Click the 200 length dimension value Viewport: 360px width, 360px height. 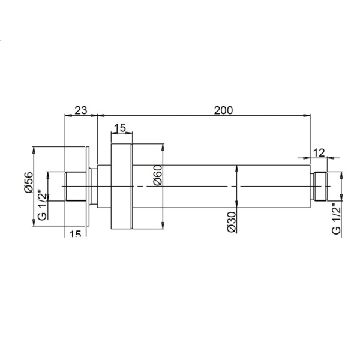pyautogui.click(x=223, y=110)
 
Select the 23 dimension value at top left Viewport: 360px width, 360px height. pyautogui.click(x=80, y=110)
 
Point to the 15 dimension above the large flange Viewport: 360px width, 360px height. pyautogui.click(x=119, y=128)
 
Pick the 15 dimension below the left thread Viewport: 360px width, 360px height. pyautogui.click(x=74, y=234)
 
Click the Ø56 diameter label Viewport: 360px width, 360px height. pyautogui.click(x=28, y=181)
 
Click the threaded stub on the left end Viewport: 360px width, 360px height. pyautogui.click(x=76, y=187)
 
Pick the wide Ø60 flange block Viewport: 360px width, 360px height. pyautogui.click(x=122, y=186)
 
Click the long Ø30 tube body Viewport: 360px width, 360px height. pyautogui.click(x=222, y=186)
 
